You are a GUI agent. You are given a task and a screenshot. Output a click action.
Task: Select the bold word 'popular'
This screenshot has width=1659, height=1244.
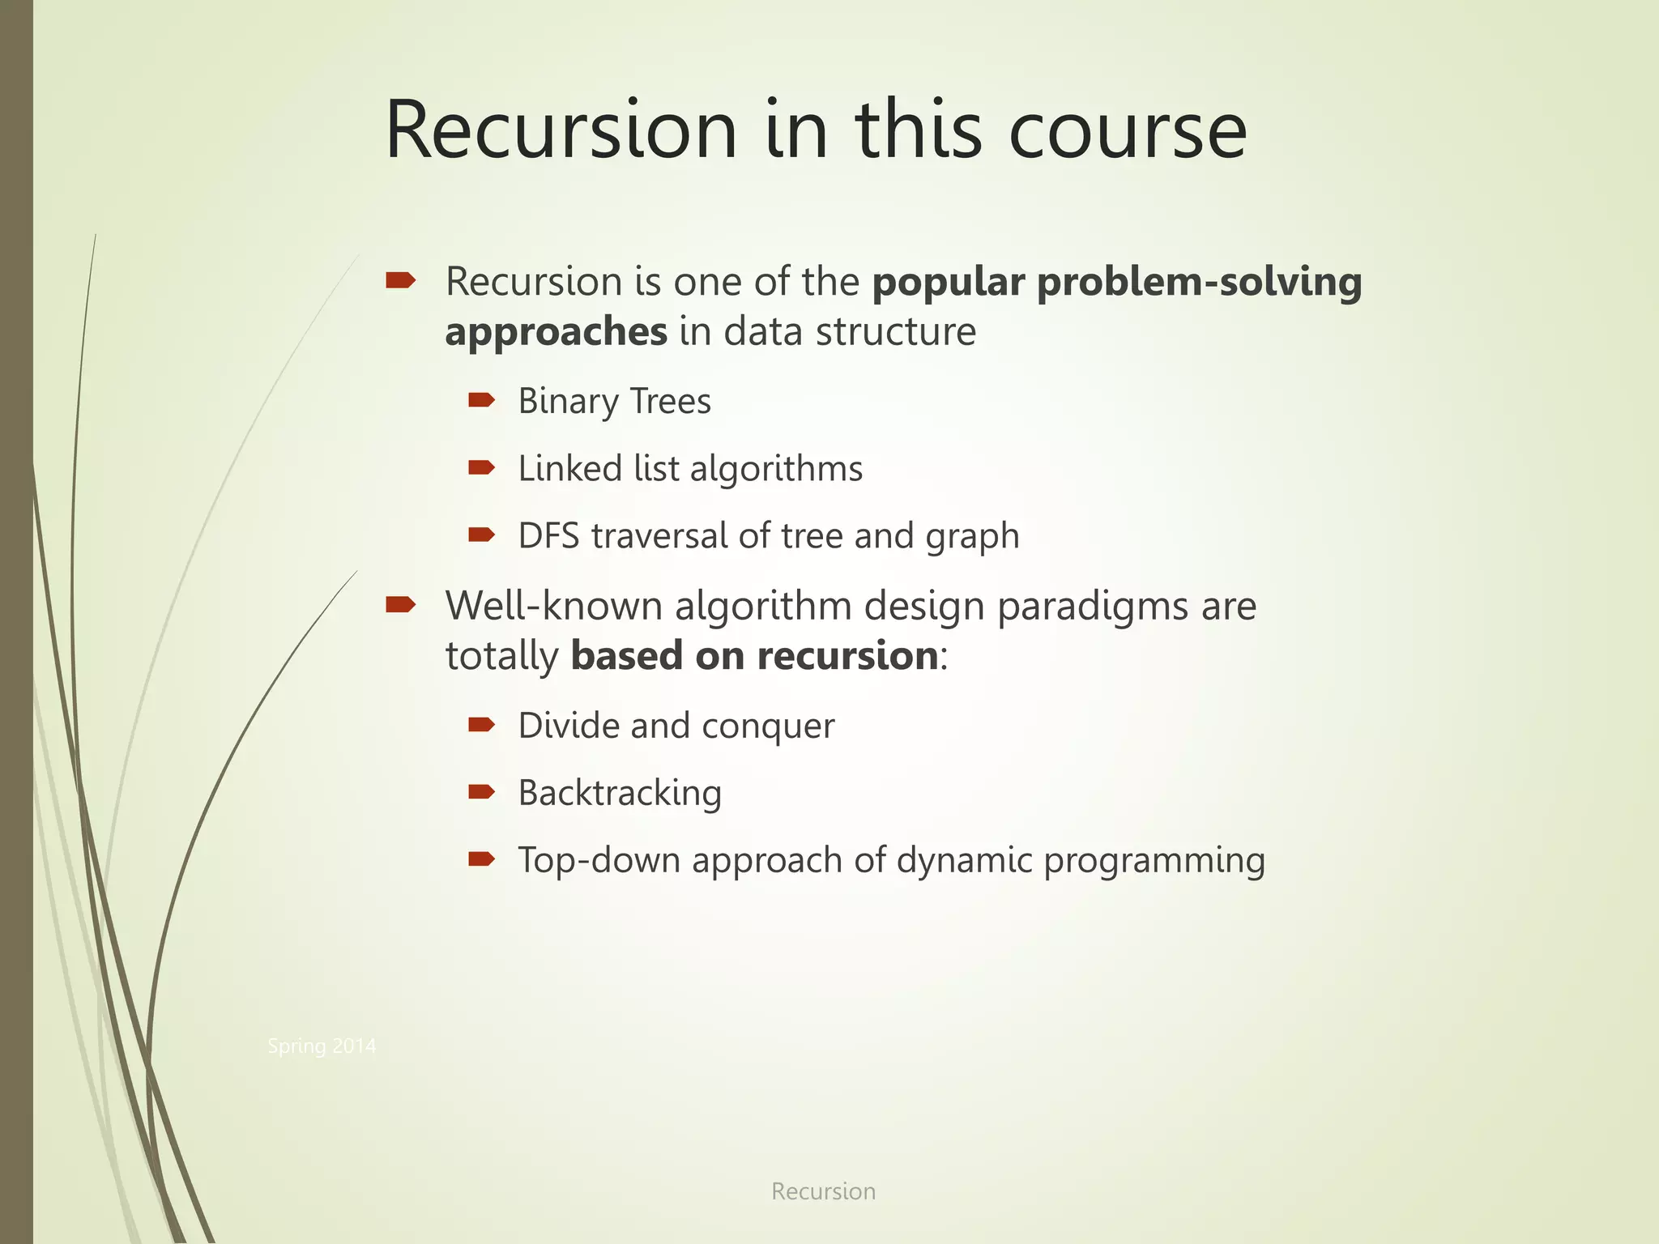tap(948, 282)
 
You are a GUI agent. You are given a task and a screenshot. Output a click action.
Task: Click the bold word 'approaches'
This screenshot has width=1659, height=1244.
tap(556, 332)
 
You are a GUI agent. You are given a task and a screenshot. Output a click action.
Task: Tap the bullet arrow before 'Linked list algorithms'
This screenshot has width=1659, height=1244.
tap(481, 467)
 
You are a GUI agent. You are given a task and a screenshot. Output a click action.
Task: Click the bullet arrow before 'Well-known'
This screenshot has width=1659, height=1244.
tap(400, 604)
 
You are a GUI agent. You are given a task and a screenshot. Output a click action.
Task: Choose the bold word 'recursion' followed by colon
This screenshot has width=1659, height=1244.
tap(847, 656)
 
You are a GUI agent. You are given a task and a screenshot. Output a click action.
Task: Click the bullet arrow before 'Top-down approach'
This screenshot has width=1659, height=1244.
tap(481, 858)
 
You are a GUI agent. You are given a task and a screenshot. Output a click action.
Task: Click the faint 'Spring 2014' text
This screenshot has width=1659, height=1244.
tap(322, 1046)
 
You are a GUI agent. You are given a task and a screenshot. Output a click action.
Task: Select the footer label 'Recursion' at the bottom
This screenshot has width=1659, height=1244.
tap(823, 1191)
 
